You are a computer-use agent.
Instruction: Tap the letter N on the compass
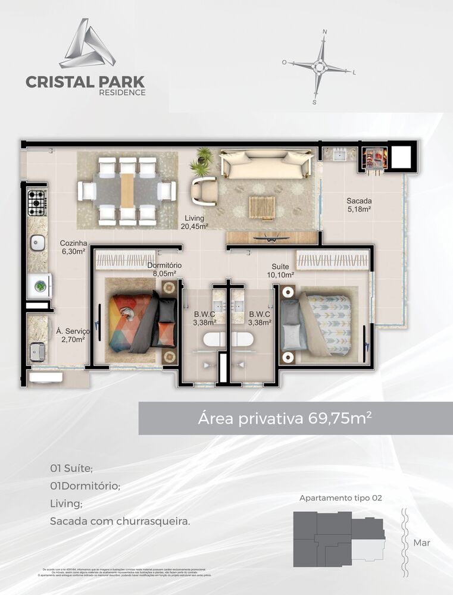click(324, 32)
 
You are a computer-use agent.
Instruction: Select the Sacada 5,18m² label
click(360, 205)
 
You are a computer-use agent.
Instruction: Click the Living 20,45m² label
click(195, 222)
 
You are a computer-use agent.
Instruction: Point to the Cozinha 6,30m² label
click(73, 247)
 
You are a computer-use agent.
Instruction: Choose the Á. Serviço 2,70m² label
click(70, 335)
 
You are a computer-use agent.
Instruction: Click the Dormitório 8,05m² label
click(164, 270)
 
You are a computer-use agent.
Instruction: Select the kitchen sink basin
click(38, 243)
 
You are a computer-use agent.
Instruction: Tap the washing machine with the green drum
click(40, 286)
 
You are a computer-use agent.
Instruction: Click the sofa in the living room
click(265, 164)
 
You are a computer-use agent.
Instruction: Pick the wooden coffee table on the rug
click(262, 208)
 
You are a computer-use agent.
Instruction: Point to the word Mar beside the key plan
click(421, 543)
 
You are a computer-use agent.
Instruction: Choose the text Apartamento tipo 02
click(340, 497)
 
